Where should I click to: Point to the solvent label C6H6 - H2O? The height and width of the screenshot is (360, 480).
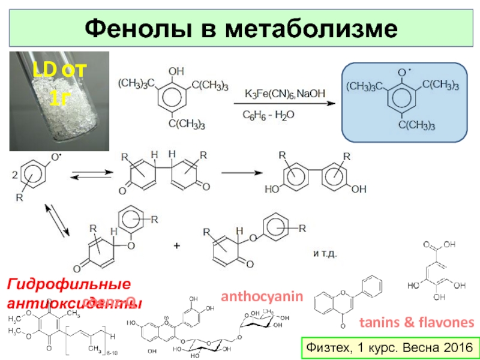click(268, 114)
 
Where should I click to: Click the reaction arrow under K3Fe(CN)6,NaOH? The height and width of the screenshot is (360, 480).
click(284, 104)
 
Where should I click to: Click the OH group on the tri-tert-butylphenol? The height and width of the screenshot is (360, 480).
click(177, 71)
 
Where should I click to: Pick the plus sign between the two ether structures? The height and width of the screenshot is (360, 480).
click(177, 246)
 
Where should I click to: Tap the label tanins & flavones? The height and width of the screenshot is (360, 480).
click(416, 323)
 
